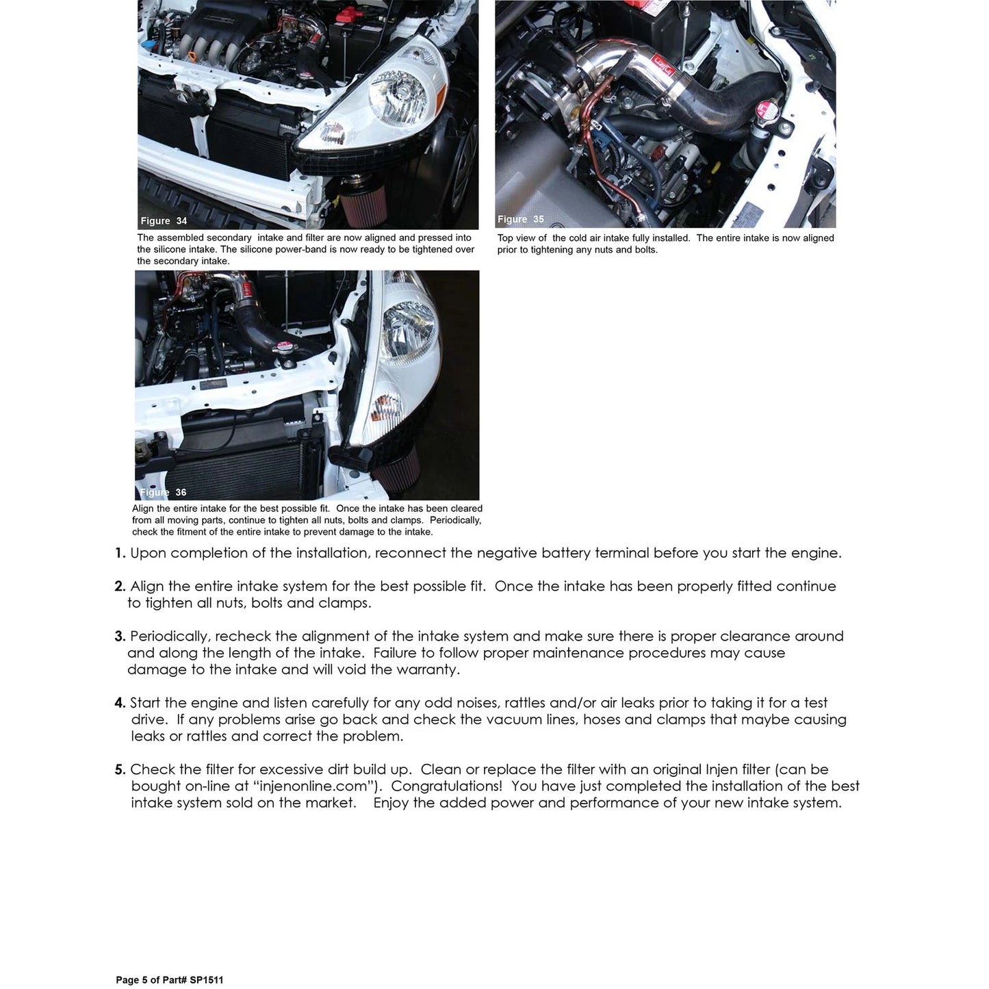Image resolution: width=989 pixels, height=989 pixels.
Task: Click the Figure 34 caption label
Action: click(x=164, y=221)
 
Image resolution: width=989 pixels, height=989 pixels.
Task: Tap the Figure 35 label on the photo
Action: click(x=520, y=220)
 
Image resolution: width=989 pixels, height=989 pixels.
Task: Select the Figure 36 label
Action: click(x=163, y=493)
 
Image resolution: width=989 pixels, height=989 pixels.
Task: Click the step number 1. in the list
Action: click(x=120, y=554)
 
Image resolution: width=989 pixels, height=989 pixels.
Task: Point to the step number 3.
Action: click(x=120, y=637)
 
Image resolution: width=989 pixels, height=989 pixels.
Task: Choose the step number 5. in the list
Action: click(x=120, y=770)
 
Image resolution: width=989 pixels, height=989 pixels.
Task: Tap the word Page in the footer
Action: click(x=127, y=980)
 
